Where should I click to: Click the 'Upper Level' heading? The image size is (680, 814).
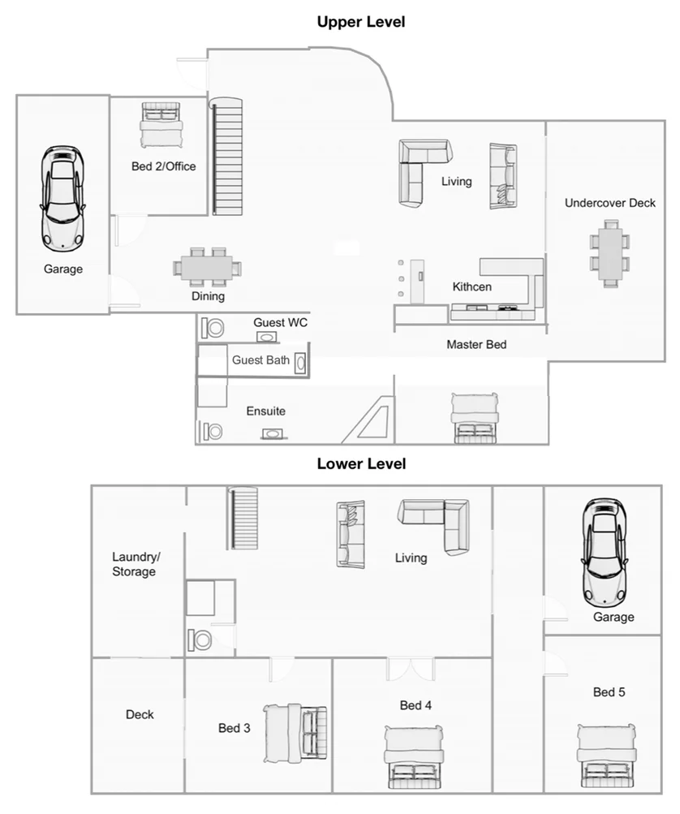click(360, 22)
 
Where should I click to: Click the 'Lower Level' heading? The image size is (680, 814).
click(360, 464)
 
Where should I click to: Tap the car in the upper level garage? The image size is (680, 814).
click(63, 197)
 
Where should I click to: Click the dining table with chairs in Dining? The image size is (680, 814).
click(208, 266)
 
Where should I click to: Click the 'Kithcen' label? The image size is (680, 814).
click(471, 287)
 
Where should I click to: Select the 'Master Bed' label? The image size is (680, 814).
click(476, 345)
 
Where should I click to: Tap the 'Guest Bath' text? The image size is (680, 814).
click(260, 360)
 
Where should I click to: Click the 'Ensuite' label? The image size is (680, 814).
click(265, 411)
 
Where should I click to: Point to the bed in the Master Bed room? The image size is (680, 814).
click(475, 418)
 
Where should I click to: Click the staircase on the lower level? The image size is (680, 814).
click(243, 519)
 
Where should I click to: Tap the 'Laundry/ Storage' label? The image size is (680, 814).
click(134, 564)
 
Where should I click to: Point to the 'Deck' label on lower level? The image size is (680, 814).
click(140, 715)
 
